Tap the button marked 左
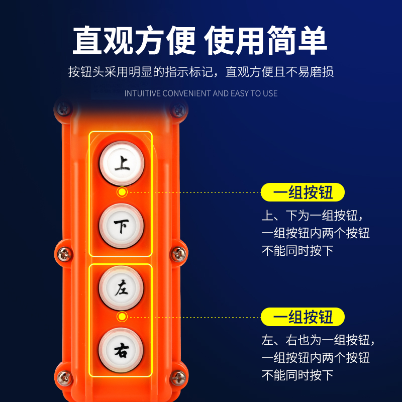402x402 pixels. [x=121, y=288]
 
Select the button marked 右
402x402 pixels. [x=121, y=350]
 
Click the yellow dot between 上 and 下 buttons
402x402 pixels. [x=122, y=192]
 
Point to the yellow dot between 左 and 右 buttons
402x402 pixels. [x=122, y=317]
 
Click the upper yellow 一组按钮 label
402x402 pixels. [x=303, y=192]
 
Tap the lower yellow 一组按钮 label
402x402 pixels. [x=303, y=317]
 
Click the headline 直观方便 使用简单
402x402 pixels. [x=200, y=40]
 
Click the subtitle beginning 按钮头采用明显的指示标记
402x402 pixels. [x=201, y=72]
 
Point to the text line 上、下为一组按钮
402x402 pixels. [x=312, y=216]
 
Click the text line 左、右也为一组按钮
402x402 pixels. [x=319, y=340]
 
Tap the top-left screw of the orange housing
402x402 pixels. [x=64, y=109]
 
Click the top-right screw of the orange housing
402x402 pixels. [x=178, y=110]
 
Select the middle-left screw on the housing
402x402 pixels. [x=64, y=254]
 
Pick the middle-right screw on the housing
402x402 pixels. [x=178, y=254]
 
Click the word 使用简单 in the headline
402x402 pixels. [x=266, y=40]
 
